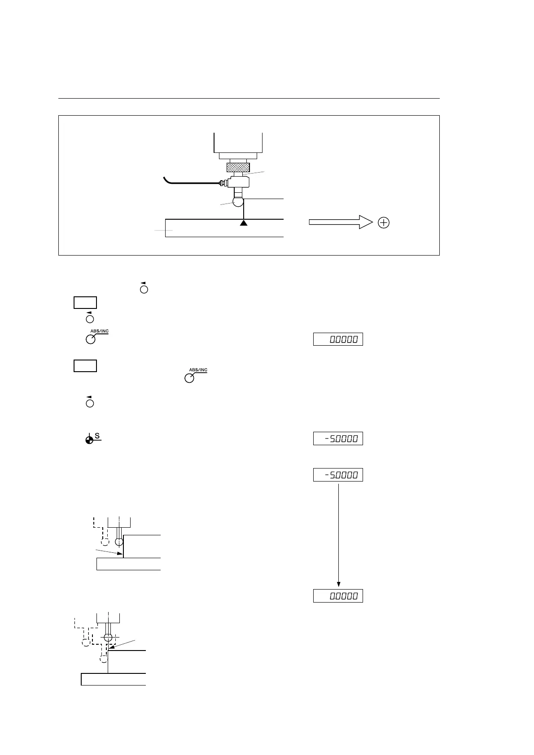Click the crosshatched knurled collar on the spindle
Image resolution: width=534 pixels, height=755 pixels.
click(238, 168)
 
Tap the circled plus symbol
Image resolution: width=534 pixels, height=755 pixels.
click(384, 223)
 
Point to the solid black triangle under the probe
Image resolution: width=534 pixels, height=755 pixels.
click(244, 222)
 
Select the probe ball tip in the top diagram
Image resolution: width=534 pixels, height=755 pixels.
click(237, 202)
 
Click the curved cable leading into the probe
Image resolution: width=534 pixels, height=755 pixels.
click(188, 182)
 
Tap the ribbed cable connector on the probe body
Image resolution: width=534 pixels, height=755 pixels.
click(222, 182)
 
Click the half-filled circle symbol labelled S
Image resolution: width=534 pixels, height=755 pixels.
click(90, 440)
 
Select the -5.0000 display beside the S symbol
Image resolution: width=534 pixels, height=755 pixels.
click(338, 438)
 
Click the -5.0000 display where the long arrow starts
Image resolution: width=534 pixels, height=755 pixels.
click(338, 475)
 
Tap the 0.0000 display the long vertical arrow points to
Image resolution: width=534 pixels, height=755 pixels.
click(338, 596)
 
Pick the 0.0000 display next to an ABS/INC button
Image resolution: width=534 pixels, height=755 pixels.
click(338, 339)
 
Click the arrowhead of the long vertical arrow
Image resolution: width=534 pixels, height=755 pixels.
click(338, 584)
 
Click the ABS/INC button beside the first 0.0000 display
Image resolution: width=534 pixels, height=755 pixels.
click(91, 339)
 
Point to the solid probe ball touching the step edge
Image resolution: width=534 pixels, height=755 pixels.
click(119, 542)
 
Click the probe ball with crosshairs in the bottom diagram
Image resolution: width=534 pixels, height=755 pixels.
click(108, 638)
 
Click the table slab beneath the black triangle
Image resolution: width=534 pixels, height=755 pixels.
click(224, 228)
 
